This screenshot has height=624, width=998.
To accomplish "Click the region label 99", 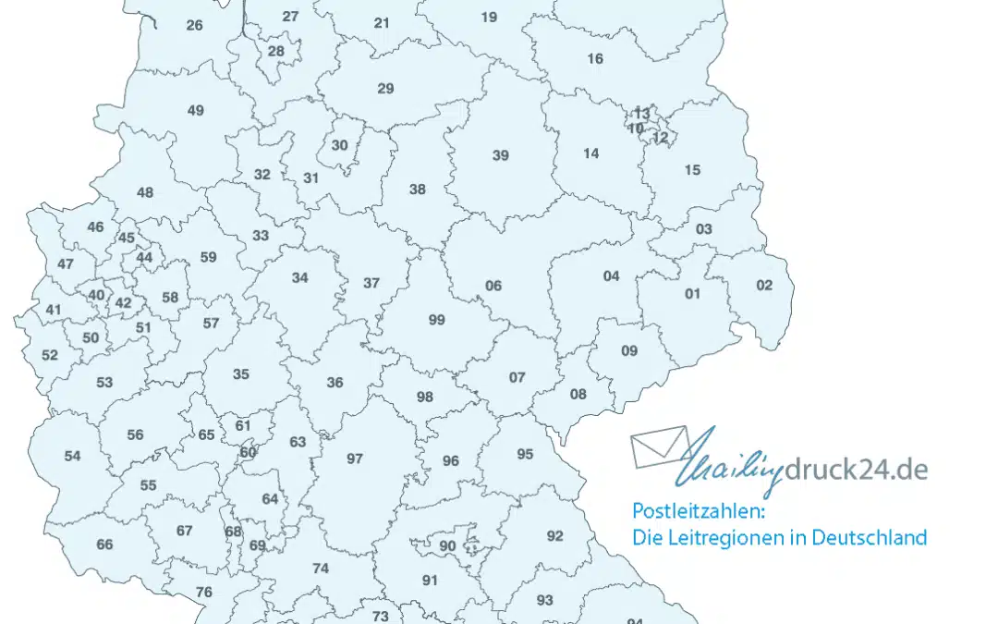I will click(x=437, y=321).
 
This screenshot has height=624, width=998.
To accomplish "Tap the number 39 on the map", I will click(x=500, y=155).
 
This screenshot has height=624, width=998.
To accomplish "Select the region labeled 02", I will click(x=764, y=285).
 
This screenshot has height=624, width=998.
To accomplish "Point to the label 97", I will click(x=355, y=459).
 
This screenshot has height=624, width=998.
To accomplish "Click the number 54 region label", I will click(x=72, y=456).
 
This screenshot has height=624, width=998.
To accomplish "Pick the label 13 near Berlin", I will click(x=641, y=114).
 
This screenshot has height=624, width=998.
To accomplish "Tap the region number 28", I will click(x=276, y=51).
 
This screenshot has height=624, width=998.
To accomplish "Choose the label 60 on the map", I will click(x=248, y=452).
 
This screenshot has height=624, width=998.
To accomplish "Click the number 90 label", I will click(x=447, y=546).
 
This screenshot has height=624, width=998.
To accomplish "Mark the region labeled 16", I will click(x=595, y=59).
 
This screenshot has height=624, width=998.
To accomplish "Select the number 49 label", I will click(x=195, y=111).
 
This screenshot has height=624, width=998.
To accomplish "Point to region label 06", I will click(x=493, y=286).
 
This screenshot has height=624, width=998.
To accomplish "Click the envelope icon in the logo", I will click(x=660, y=446).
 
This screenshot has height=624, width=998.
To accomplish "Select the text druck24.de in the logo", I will click(x=856, y=470).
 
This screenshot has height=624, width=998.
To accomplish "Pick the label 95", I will click(x=525, y=454).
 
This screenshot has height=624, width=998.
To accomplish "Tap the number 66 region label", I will click(x=104, y=544).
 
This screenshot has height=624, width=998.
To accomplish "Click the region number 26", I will click(x=194, y=25).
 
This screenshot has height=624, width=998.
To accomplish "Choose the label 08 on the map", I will click(x=578, y=395).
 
